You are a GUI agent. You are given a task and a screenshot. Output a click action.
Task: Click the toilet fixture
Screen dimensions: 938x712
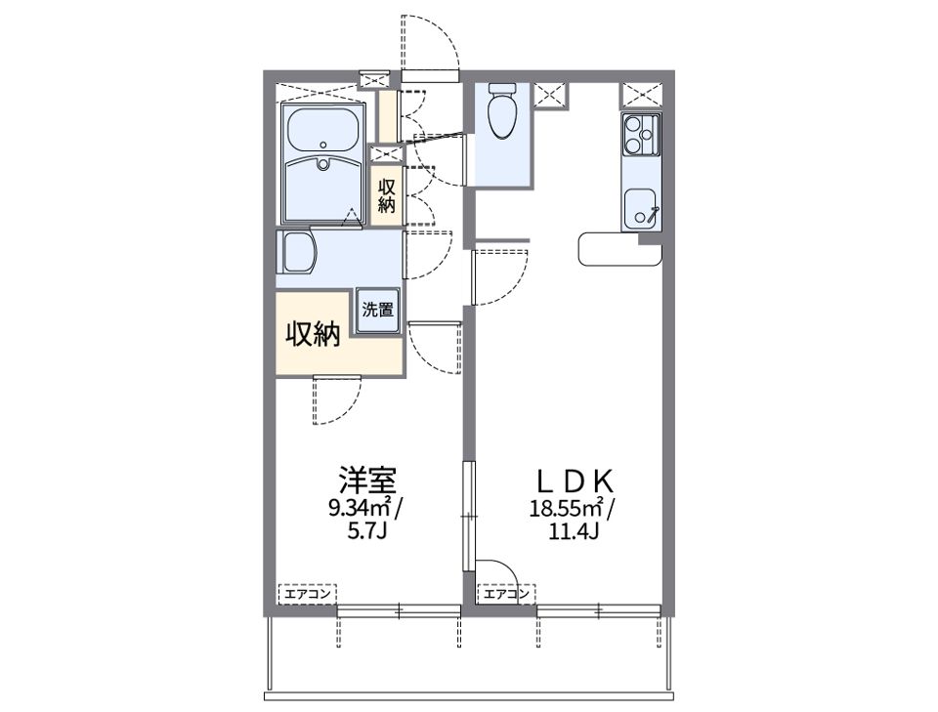(x=502, y=110)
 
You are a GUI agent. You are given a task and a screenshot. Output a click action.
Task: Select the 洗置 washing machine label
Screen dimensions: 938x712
(x=377, y=310)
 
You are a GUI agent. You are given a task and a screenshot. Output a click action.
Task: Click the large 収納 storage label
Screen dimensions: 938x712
(x=313, y=334)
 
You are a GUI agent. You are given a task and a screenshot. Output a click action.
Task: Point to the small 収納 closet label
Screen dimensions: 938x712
(x=387, y=195)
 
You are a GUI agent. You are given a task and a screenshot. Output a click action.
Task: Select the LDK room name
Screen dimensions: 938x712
(x=575, y=481)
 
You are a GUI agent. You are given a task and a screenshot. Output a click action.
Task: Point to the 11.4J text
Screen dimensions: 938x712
(x=575, y=531)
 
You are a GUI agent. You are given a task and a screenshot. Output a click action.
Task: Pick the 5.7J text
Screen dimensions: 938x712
(x=368, y=531)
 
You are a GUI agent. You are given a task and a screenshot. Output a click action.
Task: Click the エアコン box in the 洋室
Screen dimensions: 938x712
(x=308, y=594)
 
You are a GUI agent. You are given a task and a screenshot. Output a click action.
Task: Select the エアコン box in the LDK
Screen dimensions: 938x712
(x=507, y=594)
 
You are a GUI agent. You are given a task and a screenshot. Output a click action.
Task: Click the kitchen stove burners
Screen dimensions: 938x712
(x=639, y=135)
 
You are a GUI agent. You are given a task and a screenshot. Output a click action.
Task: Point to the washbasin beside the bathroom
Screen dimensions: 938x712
(x=297, y=252)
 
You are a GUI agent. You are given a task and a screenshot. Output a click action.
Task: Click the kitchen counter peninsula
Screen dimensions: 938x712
(x=619, y=248)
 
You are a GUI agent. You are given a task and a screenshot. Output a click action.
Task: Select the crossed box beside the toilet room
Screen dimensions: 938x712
(x=550, y=96)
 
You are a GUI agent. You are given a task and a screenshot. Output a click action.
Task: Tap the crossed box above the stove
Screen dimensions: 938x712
(x=642, y=96)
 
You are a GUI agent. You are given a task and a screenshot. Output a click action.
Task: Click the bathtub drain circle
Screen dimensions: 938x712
(x=323, y=145)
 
